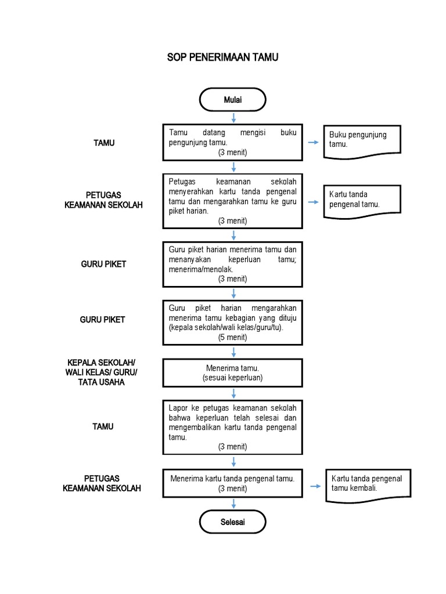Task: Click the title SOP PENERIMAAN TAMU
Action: pos(223,59)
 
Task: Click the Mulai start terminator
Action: pos(233,100)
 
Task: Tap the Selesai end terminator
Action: pos(233,522)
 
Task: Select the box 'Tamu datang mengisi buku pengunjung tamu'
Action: pos(233,143)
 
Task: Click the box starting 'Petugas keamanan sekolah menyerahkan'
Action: pos(233,201)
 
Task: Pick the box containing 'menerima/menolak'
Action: pos(233,265)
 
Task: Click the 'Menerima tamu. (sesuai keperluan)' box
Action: pos(233,373)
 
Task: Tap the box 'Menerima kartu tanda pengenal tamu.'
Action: pos(233,484)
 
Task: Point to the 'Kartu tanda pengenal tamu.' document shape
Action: pos(362,201)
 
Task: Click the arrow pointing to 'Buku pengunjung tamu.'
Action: pos(312,143)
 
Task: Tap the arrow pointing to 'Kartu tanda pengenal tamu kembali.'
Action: pos(315,486)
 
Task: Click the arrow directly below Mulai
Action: pos(233,118)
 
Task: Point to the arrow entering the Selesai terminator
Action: pos(233,504)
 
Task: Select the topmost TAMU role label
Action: pos(104,143)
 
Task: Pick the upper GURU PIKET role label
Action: pos(103,265)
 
